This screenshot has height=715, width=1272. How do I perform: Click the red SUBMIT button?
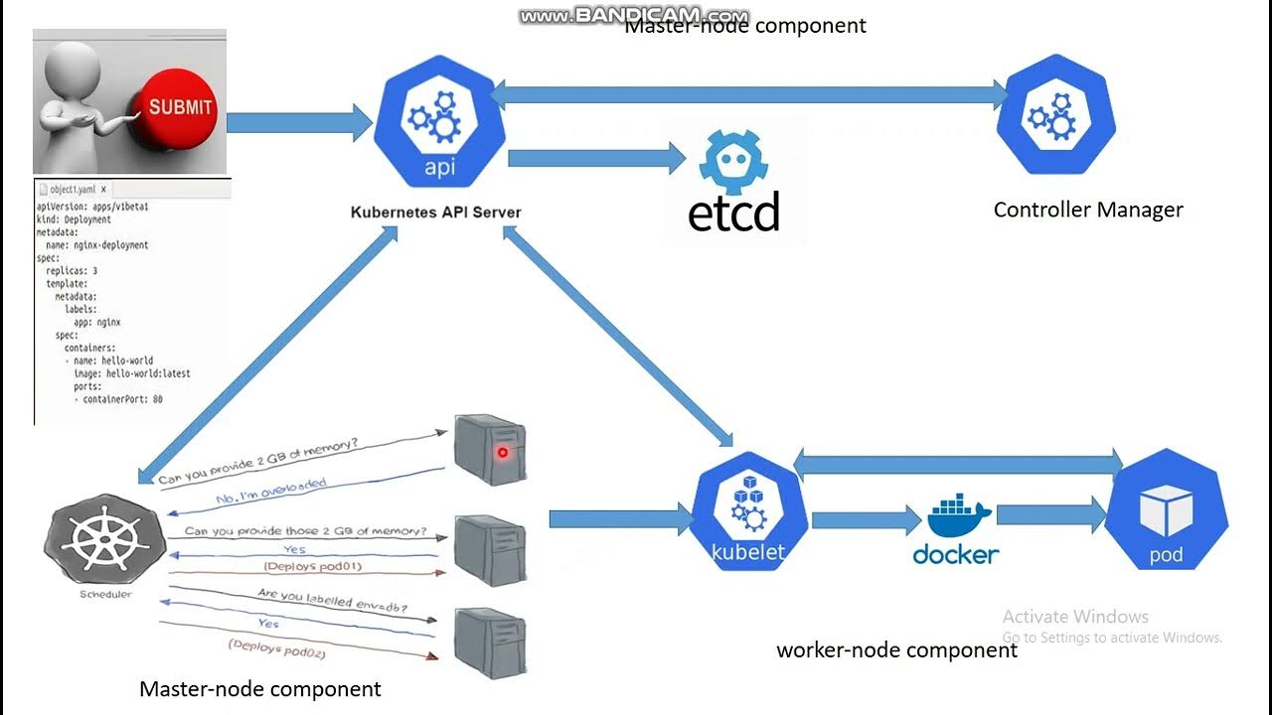coord(180,106)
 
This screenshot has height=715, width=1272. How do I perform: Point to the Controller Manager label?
coord(1088,210)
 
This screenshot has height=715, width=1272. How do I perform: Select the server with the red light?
coord(489,449)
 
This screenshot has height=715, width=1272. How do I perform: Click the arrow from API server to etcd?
coord(596,158)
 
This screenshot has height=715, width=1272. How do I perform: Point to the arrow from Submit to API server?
coord(298,122)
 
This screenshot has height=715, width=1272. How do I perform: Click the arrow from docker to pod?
coord(1050,514)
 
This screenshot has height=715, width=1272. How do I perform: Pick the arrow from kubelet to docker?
coord(866,519)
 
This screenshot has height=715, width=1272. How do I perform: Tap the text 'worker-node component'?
coord(896,650)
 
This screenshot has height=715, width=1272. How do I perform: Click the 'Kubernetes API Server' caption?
coord(435,212)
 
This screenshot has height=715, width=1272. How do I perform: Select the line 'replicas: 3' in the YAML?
coord(72,270)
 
